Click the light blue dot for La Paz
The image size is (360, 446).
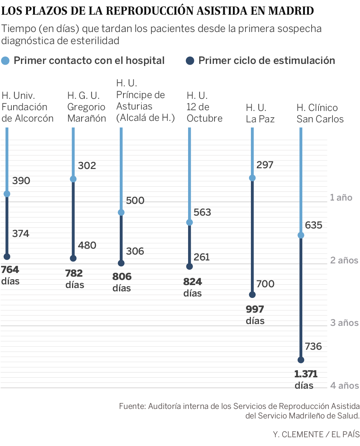point(252,178)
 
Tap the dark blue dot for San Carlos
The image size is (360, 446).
point(300,360)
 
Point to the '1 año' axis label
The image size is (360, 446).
point(341,198)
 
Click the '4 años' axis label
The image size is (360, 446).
point(344,385)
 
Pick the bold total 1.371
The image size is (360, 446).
point(306,374)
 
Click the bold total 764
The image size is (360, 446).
point(10,270)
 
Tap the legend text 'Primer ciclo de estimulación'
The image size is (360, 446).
point(267,61)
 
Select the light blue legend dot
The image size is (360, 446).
point(5,61)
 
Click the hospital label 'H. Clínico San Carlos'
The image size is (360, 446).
point(320,114)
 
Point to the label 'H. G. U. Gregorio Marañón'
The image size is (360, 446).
point(87,107)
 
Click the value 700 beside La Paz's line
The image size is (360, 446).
point(265,284)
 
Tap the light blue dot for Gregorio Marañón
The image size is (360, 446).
point(73,179)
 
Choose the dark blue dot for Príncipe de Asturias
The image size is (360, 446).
point(121,263)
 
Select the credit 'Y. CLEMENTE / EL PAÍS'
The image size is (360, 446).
point(316,434)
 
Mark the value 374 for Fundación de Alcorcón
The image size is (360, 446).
point(21,234)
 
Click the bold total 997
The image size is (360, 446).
point(255,309)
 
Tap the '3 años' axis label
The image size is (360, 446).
point(344,323)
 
